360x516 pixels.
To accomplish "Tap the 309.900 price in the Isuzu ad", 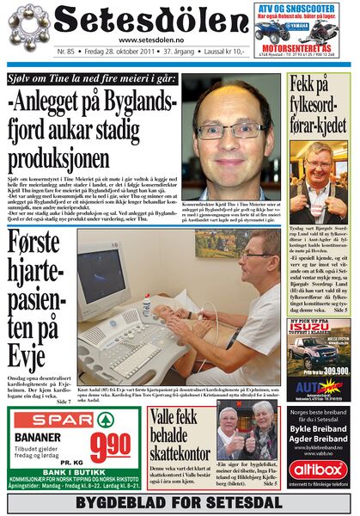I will tap(323, 368).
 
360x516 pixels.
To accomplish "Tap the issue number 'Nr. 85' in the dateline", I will tap(66, 52).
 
